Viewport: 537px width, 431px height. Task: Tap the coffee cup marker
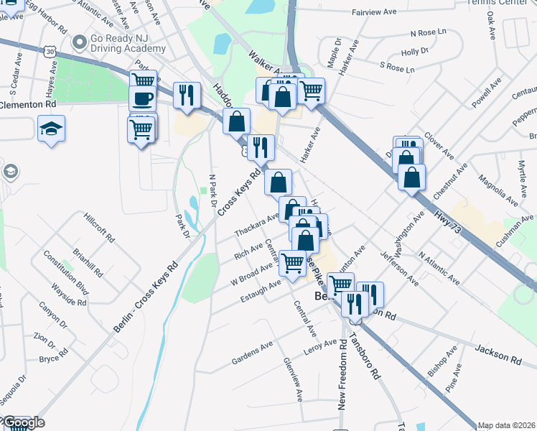click(143, 98)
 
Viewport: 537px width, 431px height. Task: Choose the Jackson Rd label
click(498, 353)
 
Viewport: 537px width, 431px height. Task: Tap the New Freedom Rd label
click(342, 377)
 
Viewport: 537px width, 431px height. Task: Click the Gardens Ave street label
click(252, 353)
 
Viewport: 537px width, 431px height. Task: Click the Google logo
click(23, 422)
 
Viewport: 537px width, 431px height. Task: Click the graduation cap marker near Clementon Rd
click(51, 129)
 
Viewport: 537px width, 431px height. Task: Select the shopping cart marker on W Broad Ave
click(292, 264)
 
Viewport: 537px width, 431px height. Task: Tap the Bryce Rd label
click(53, 358)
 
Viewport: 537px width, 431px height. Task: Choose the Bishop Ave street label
click(441, 363)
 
